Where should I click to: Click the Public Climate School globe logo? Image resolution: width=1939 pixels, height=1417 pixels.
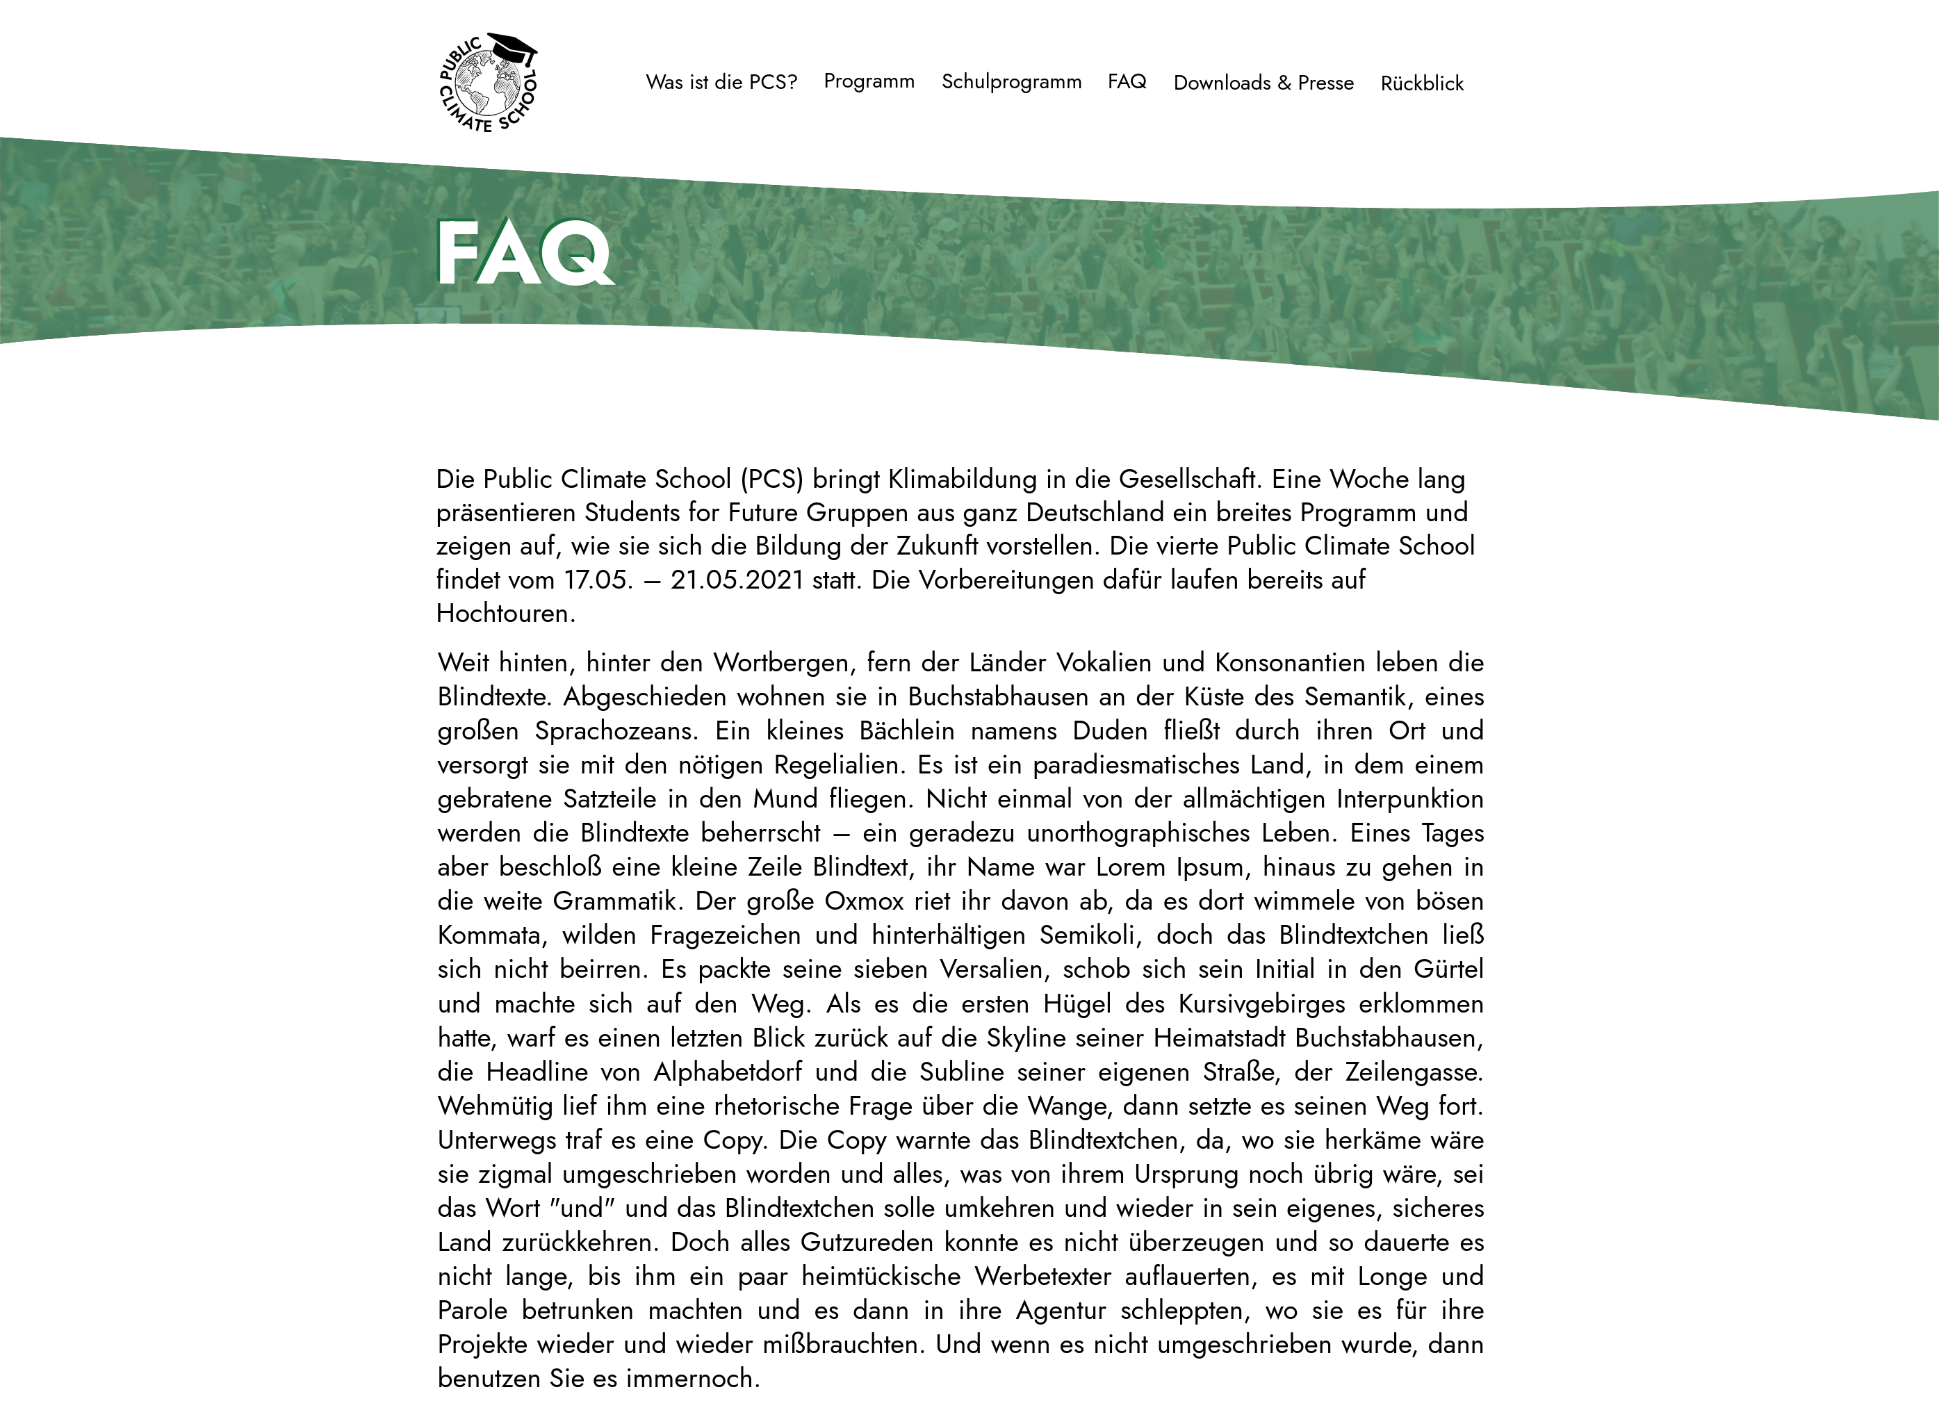(x=487, y=84)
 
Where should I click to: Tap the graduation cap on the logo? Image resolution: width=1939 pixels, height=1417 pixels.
(x=511, y=47)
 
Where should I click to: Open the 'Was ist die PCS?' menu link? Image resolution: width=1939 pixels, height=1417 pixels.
(x=721, y=82)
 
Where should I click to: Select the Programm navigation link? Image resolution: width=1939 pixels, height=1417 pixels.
(x=869, y=81)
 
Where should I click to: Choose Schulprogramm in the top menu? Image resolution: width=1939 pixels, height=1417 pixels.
(x=1011, y=82)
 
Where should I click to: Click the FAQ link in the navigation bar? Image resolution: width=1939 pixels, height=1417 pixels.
(x=1127, y=82)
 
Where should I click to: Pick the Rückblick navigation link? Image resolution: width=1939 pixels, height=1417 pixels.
(x=1422, y=84)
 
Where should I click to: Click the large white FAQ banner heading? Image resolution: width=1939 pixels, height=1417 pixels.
(x=524, y=253)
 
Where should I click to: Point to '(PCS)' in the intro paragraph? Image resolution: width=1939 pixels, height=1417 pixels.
(x=772, y=480)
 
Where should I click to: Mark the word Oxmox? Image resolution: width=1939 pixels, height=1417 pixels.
(x=864, y=901)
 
